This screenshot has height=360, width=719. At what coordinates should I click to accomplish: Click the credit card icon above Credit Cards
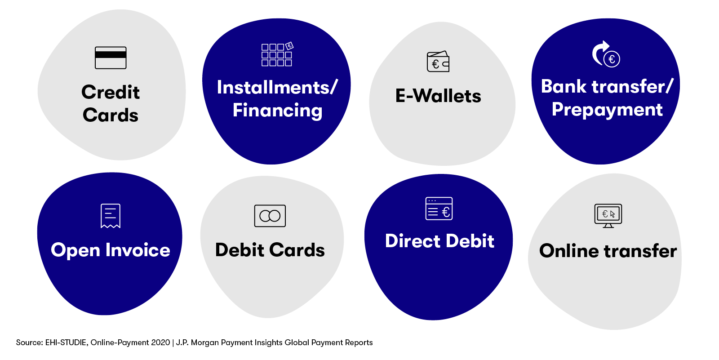coord(111,58)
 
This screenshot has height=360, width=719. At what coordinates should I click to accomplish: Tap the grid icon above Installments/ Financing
coord(277,54)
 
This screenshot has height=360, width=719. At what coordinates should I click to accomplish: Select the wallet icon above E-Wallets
coord(438,61)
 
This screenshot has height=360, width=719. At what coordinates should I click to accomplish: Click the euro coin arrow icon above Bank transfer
coord(606,54)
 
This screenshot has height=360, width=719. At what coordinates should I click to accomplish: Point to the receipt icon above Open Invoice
coord(111,216)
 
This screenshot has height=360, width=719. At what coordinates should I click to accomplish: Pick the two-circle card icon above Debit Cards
coord(270,216)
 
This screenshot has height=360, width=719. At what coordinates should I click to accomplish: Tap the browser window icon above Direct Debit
coord(439,209)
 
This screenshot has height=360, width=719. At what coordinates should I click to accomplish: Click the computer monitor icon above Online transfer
coord(608,216)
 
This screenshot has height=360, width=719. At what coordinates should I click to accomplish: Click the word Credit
coord(111,92)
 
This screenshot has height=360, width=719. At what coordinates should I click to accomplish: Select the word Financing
coord(277,111)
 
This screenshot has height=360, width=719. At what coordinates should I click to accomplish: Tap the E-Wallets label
coord(438,96)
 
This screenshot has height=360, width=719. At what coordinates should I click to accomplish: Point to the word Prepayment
coord(607,110)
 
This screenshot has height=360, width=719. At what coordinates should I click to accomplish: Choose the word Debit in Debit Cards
coord(240,250)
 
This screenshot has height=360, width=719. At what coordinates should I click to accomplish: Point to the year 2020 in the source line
coord(160,342)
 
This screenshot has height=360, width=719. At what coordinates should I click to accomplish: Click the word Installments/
coord(277,87)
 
